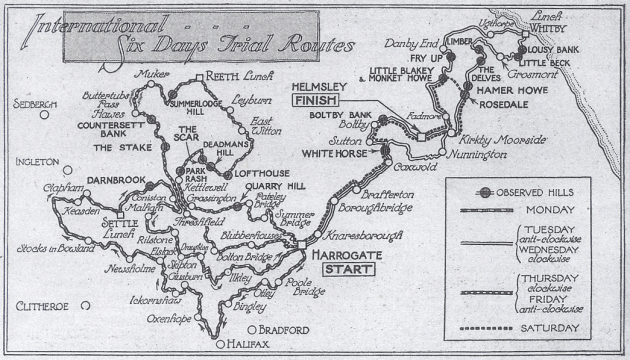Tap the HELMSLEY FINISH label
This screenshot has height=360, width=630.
tap(318, 93)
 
